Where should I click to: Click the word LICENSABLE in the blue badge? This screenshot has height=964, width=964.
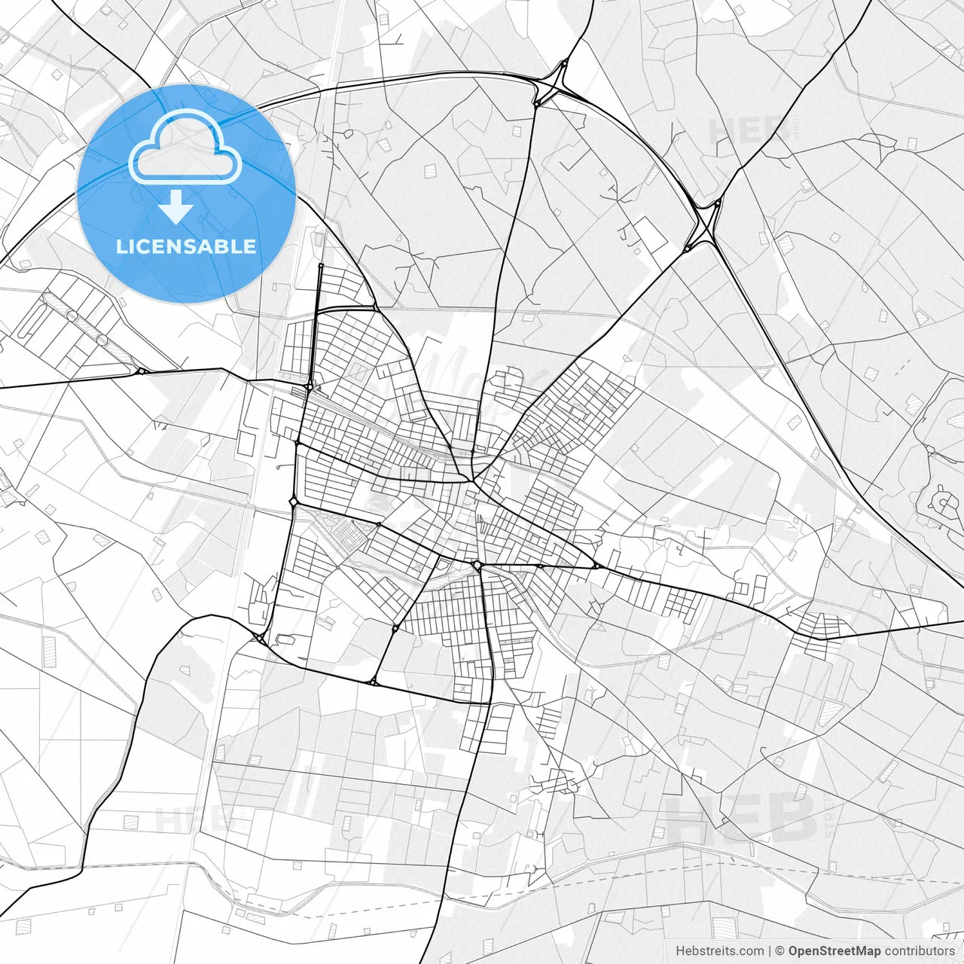tap(186, 247)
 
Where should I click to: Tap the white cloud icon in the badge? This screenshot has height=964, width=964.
tap(185, 149)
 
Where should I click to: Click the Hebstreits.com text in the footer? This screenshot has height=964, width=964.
tap(719, 951)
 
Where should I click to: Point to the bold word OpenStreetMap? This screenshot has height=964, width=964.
tap(834, 951)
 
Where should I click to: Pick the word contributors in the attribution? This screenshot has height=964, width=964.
tap(920, 951)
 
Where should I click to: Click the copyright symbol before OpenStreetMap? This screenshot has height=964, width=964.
tap(780, 951)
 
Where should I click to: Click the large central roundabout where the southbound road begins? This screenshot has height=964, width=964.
tap(477, 565)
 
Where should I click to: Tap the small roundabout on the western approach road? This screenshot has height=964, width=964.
tap(141, 371)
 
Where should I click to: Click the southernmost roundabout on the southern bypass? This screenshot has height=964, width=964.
tap(373, 682)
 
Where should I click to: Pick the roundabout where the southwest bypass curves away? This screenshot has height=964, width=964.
tap(261, 638)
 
